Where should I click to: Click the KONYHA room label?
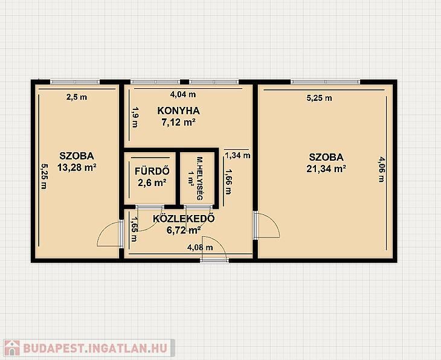coord(178,111)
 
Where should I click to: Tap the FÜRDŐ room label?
coord(152,171)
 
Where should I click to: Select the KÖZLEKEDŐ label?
coord(184,219)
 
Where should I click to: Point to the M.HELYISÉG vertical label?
coord(200,178)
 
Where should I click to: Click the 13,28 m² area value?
coord(77,168)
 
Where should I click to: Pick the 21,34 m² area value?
coord(326,169)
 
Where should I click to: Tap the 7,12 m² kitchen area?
coord(178,123)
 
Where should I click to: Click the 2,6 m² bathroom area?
coord(152,183)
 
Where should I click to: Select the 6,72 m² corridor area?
coord(184,230)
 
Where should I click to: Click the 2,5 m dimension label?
coord(77,97)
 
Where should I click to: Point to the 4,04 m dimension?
coord(183,94)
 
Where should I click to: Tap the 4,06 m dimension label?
coord(381,169)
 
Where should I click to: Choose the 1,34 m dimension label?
coord(237,155)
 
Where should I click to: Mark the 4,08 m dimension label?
coord(200,248)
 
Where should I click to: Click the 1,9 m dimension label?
coord(135,117)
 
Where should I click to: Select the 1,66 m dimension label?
coord(228,182)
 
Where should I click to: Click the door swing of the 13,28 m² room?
coord(110,234)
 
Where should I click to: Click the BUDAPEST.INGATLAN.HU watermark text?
coord(95,348)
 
